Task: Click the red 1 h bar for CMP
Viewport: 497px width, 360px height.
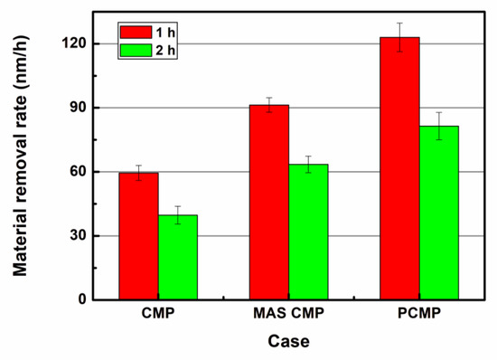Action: (138, 236)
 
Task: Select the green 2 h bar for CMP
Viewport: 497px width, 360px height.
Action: (178, 257)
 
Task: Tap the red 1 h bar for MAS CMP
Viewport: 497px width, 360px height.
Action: (269, 202)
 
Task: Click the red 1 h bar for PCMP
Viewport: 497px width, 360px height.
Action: (399, 168)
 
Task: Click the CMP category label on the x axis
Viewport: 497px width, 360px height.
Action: (158, 316)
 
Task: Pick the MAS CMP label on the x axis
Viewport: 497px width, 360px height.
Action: (288, 316)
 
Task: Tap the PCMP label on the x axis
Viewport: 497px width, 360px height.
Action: (419, 316)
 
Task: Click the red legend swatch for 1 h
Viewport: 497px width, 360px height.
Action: (133, 32)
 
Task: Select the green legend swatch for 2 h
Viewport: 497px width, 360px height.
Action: (133, 49)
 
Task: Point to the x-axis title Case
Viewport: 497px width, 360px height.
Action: (288, 343)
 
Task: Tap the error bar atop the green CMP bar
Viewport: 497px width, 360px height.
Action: (178, 214)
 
